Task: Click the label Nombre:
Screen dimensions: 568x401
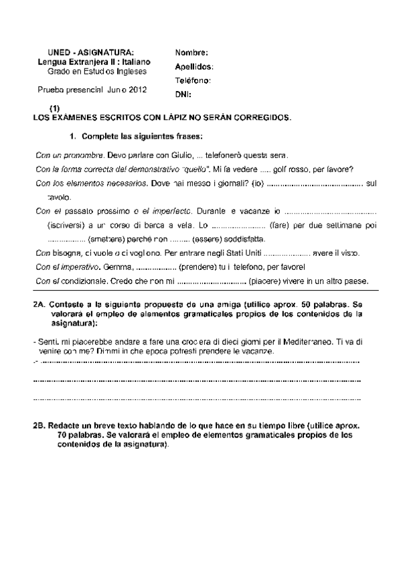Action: click(x=191, y=52)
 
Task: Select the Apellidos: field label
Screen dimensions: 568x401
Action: click(x=194, y=66)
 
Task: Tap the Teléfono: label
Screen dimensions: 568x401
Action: click(x=193, y=80)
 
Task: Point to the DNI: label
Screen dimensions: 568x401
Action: click(x=183, y=94)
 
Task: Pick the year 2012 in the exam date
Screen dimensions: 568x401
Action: click(x=137, y=88)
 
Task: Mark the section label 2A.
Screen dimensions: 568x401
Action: click(x=38, y=303)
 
